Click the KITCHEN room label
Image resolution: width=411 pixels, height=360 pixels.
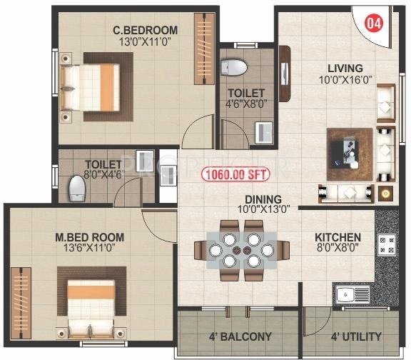(x=338, y=237)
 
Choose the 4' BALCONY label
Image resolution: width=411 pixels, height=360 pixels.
(x=241, y=336)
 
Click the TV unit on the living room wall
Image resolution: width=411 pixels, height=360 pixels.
(x=284, y=74)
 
